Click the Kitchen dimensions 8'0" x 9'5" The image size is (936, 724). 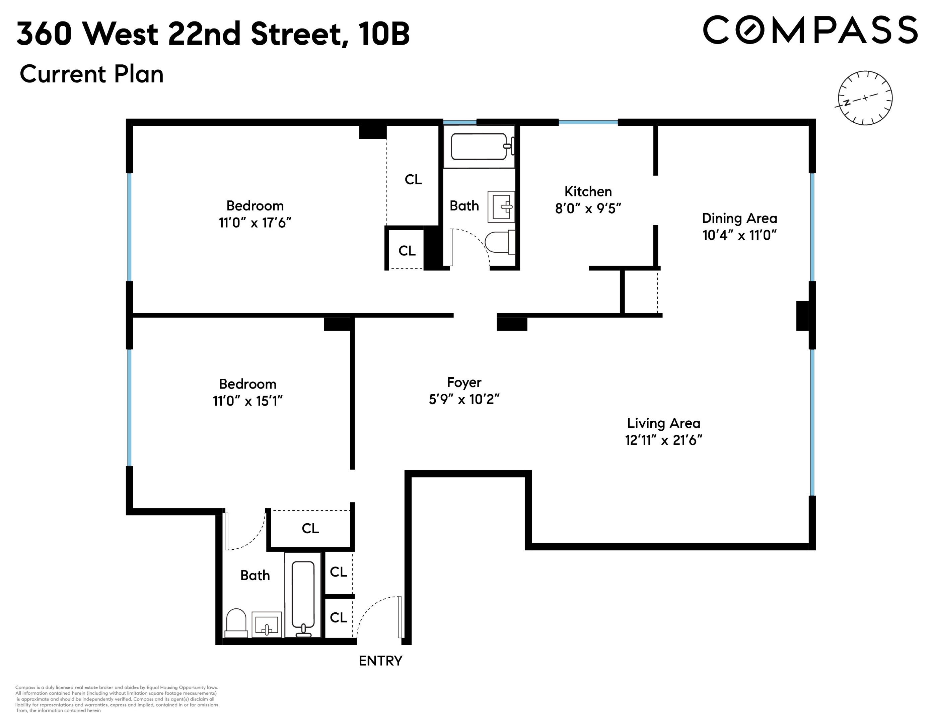click(588, 209)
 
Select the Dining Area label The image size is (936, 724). click(739, 218)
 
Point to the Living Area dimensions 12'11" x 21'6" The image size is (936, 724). click(663, 440)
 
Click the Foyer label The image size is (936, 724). click(464, 382)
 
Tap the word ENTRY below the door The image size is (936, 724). click(380, 661)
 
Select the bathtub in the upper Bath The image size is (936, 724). click(479, 146)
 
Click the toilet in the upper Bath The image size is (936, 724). click(499, 243)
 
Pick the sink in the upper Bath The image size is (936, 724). click(501, 207)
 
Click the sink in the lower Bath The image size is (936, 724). click(267, 624)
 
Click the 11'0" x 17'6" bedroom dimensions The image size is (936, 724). click(255, 223)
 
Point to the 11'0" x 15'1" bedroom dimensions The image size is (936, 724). click(248, 401)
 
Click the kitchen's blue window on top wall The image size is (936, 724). click(588, 123)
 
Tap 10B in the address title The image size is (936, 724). click(384, 34)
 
